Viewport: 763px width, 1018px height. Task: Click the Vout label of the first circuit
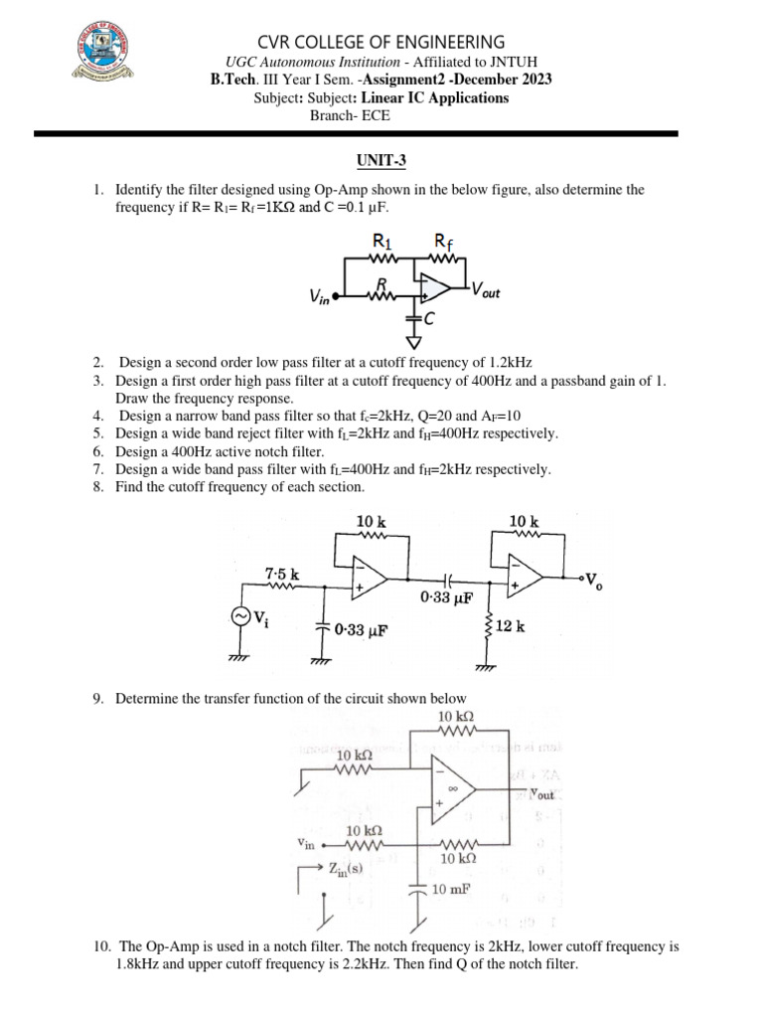[x=487, y=290]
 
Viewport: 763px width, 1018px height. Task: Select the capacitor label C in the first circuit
[x=429, y=319]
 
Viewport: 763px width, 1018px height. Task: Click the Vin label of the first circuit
[x=321, y=297]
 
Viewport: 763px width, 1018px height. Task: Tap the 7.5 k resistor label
[x=282, y=574]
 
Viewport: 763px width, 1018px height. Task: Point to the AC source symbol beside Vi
[x=240, y=616]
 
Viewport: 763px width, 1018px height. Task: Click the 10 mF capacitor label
[x=452, y=890]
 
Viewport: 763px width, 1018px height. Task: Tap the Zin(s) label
[x=345, y=867]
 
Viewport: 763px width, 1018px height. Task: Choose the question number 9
[x=98, y=699]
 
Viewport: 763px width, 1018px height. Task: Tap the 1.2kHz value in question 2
[x=515, y=362]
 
